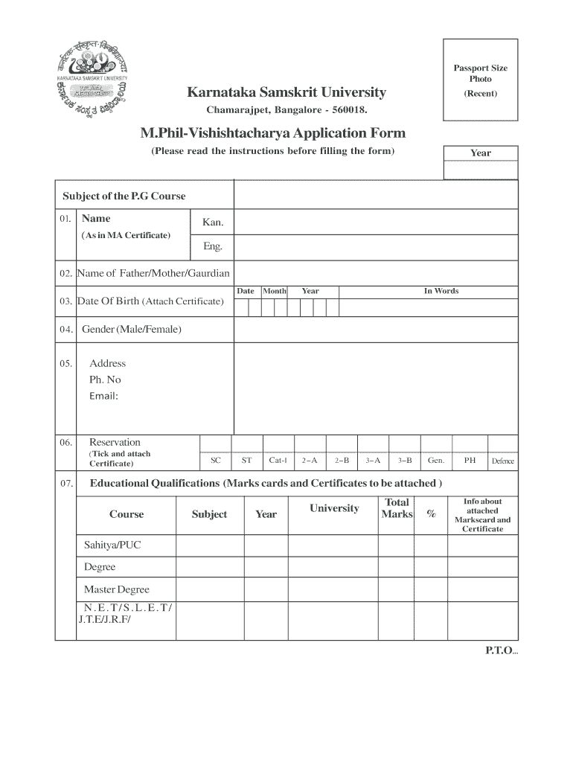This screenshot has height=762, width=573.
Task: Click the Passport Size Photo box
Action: point(480,80)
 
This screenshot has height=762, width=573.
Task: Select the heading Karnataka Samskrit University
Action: point(286,92)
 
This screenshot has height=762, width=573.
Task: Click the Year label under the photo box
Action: point(480,153)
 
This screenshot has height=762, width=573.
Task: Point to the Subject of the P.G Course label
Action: point(124,196)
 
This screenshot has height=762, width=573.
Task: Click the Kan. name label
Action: point(213,222)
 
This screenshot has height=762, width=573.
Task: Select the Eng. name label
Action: point(213,246)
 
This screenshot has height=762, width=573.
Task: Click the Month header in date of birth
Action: point(274,291)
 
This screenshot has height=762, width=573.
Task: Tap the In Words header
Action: point(441,291)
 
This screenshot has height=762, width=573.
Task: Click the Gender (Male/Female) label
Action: point(131,329)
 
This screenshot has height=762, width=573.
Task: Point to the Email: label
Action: point(104,396)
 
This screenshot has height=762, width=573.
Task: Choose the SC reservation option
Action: point(216,461)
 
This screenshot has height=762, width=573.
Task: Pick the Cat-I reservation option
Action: point(278,461)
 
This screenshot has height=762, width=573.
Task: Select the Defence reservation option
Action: point(502,461)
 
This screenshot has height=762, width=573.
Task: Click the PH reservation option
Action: point(470,461)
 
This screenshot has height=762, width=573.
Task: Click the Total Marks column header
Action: point(397,508)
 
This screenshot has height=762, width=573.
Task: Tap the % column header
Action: point(431,514)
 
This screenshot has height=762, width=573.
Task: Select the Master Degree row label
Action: point(116,589)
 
